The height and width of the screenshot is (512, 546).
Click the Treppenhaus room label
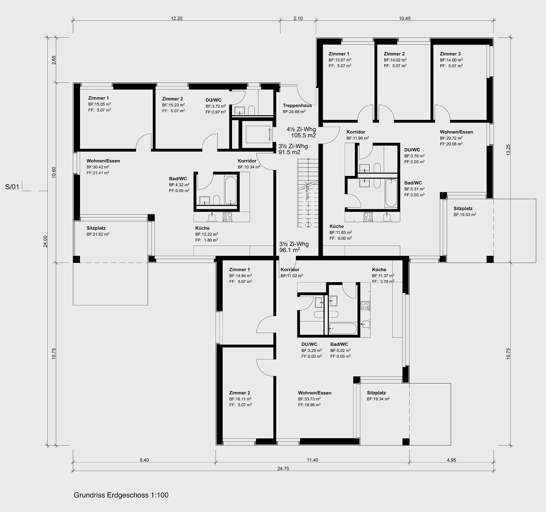297,105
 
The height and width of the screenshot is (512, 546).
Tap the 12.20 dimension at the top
177,18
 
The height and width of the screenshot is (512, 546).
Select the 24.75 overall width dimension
283,468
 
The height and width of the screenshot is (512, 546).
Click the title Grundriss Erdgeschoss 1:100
121,495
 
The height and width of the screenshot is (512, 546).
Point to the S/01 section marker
12,187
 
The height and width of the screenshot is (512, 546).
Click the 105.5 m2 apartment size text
303,135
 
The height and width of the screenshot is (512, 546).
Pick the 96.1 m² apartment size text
290,250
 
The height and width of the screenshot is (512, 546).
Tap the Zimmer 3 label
450,54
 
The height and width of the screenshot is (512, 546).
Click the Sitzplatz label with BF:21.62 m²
96,228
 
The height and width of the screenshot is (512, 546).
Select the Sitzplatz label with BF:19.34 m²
376,393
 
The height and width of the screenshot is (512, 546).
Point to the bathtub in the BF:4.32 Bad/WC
230,190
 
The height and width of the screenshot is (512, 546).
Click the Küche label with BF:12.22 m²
202,228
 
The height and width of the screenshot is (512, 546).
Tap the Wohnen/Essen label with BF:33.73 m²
315,393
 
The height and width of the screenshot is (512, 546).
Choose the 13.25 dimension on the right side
508,150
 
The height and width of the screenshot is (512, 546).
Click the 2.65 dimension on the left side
54,60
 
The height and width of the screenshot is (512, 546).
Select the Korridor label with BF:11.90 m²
356,132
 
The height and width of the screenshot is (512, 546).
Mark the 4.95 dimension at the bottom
451,460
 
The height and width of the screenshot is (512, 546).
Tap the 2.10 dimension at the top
298,18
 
